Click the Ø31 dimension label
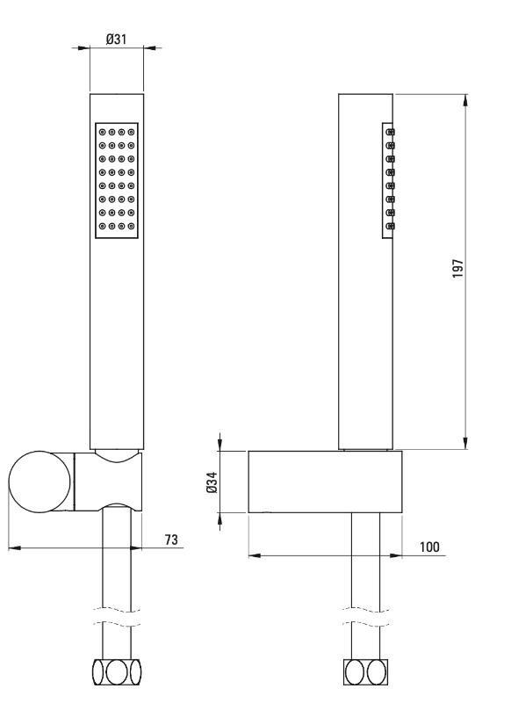117,40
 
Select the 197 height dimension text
457,269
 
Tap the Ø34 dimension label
212,482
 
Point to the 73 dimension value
171,540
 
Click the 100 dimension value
429,547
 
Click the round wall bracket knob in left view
40,482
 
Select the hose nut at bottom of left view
117,672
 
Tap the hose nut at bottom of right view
365,672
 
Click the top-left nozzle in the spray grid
103,133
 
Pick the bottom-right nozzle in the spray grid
131,226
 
